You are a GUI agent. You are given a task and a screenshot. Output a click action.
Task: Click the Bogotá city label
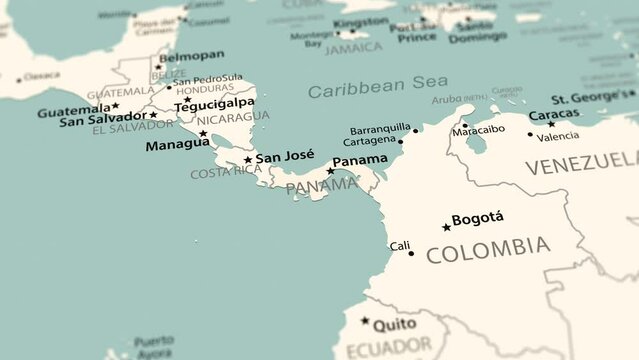(x=478, y=218)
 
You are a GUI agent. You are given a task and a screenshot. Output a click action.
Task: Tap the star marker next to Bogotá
(x=446, y=227)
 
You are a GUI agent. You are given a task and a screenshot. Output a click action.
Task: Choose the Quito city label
(x=395, y=323)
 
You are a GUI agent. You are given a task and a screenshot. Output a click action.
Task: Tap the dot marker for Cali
(x=411, y=253)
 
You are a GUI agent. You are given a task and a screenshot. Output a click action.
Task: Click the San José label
(x=285, y=156)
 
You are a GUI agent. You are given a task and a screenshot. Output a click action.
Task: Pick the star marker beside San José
(x=248, y=159)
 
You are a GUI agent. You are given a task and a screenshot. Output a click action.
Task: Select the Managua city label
(x=177, y=144)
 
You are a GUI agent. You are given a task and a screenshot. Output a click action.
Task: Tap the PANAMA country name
(x=320, y=185)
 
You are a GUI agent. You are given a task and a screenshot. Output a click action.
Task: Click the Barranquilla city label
(x=380, y=129)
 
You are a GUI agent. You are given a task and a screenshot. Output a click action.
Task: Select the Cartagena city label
(x=369, y=141)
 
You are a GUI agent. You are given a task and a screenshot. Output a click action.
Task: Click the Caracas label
(x=553, y=114)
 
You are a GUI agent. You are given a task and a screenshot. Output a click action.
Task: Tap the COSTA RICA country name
(x=226, y=171)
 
